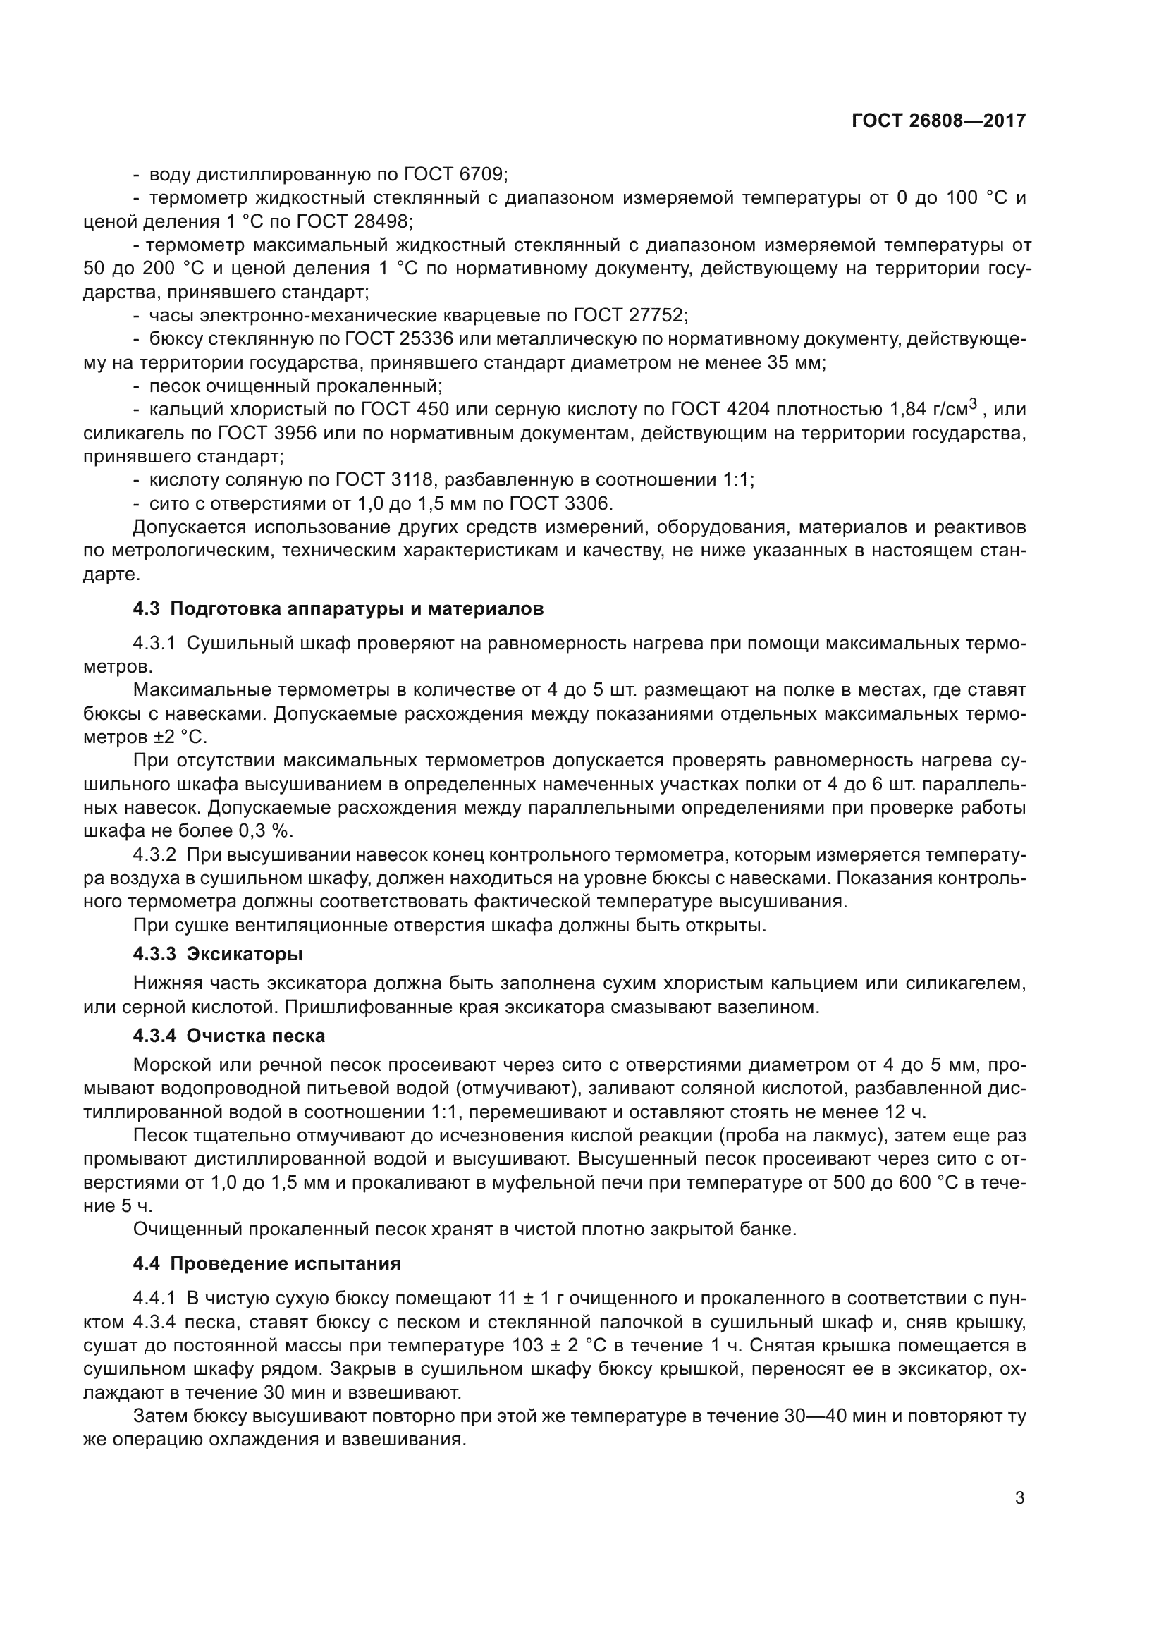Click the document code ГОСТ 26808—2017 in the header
(x=938, y=121)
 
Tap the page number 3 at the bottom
(x=1019, y=1498)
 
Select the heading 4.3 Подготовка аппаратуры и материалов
(x=338, y=608)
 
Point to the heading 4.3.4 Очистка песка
(x=229, y=1036)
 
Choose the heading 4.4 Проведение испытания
(x=267, y=1263)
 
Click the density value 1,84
(x=907, y=410)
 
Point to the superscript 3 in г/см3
(x=974, y=404)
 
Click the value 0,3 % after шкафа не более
(x=266, y=831)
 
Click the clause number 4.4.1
(x=154, y=1298)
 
